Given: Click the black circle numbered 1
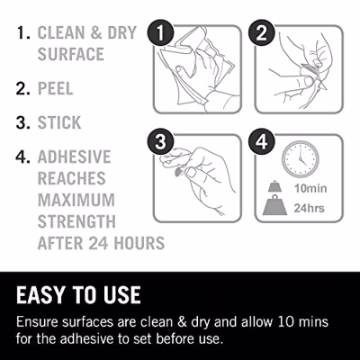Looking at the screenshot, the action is tap(160, 32).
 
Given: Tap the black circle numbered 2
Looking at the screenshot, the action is tap(262, 32).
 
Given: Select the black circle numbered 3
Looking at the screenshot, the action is tap(160, 141).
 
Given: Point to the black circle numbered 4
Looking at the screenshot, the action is tap(262, 141).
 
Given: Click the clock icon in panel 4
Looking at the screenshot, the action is tap(301, 159).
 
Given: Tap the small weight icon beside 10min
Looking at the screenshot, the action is tap(274, 186).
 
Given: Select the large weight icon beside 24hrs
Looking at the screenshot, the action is tap(274, 205).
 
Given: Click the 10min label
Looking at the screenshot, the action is tap(310, 188).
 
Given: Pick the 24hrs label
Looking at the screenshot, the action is tap(309, 208).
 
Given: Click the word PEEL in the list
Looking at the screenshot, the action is tap(56, 88).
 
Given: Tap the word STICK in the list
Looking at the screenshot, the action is tap(59, 122).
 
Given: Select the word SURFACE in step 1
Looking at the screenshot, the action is tap(71, 54).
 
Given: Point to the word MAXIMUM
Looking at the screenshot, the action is tap(76, 200).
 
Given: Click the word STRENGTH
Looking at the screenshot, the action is tap(76, 221).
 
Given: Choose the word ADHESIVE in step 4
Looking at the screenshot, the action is tap(75, 157).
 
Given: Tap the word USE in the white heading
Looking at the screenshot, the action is tap(122, 295).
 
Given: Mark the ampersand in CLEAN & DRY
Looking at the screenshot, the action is tap(96, 32).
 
